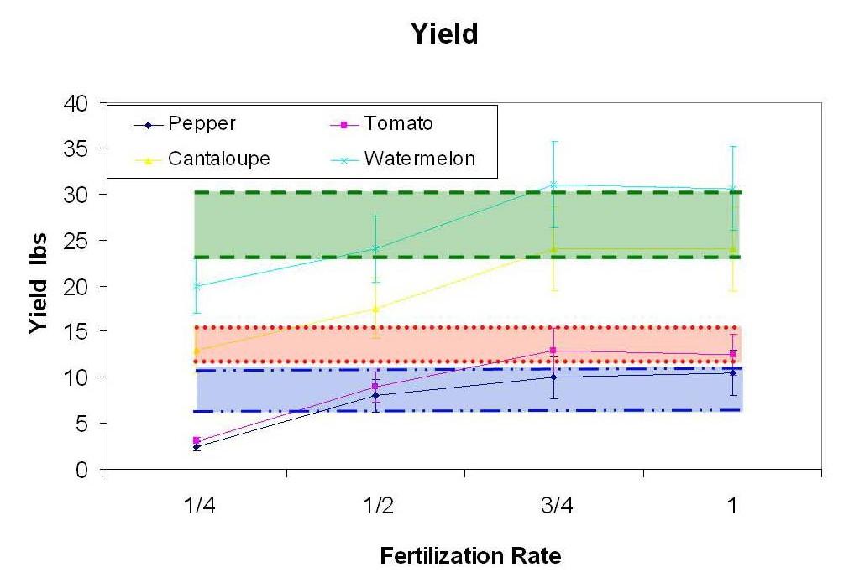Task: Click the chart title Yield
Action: [x=443, y=34]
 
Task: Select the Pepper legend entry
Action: [x=202, y=124]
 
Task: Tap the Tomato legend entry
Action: [x=398, y=124]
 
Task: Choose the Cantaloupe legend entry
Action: [x=218, y=159]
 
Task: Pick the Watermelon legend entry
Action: [x=419, y=159]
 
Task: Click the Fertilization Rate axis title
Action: [x=470, y=555]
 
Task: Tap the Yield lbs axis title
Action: [x=39, y=286]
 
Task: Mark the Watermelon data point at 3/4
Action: [x=553, y=185]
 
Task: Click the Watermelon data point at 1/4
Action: [x=197, y=286]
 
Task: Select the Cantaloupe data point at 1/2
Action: [x=375, y=309]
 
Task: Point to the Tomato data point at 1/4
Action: [x=197, y=440]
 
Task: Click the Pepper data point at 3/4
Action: [x=553, y=377]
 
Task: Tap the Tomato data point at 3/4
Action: [x=553, y=351]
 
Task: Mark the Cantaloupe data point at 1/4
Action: [x=197, y=351]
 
